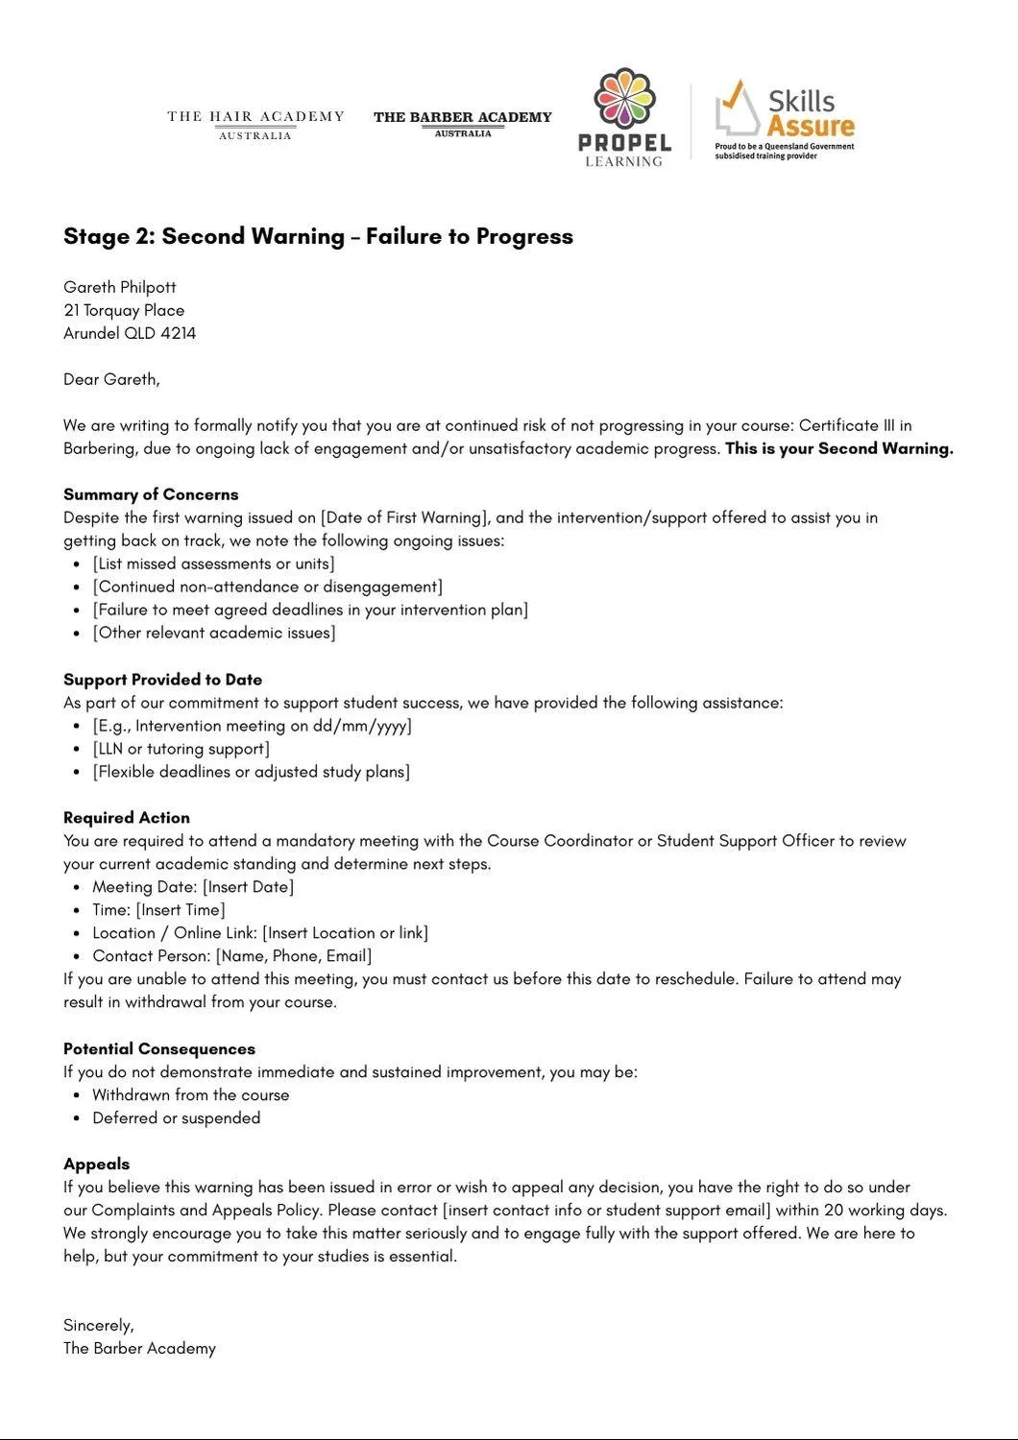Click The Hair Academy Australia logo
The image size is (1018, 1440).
coord(255,125)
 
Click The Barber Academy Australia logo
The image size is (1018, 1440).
coord(462,123)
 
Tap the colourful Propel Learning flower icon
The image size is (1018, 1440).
coord(624,99)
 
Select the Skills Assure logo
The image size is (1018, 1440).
coord(785,120)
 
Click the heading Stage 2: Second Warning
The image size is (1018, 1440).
coord(318,236)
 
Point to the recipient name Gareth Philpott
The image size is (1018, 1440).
coord(120,287)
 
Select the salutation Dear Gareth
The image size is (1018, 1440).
coord(111,379)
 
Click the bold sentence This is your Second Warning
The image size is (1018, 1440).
coord(838,448)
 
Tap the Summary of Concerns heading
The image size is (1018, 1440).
coord(151,494)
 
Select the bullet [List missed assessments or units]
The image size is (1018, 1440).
coord(213,564)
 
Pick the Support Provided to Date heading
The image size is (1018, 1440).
coord(162,680)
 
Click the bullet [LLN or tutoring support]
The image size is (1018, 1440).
coord(181,749)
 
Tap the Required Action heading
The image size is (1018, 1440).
coord(127,818)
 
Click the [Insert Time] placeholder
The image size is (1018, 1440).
coord(181,910)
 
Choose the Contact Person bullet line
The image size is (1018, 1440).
coord(231,956)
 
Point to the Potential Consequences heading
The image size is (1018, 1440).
coord(159,1049)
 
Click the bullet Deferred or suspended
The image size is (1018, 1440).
coord(176,1118)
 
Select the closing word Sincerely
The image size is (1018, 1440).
coord(98,1326)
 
